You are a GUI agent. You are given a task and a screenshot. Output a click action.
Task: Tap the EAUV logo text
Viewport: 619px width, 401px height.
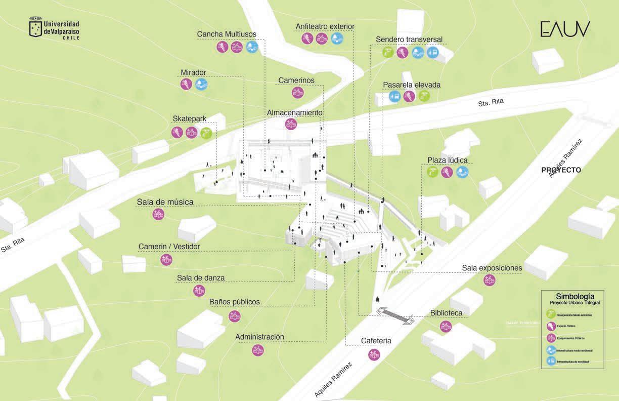click(x=565, y=29)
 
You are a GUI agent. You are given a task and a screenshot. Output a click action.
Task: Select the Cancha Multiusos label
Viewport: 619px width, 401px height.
click(x=227, y=34)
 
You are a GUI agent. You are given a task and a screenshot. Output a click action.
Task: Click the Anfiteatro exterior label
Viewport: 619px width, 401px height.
click(x=325, y=26)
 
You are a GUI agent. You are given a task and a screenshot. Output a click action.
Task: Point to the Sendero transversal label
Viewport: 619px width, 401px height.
click(x=409, y=39)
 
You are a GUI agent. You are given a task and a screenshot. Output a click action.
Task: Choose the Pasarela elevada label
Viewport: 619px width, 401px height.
click(x=411, y=85)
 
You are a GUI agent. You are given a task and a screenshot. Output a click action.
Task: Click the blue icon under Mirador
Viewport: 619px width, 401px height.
click(x=201, y=85)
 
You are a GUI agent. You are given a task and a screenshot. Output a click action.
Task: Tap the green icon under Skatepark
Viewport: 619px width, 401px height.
click(x=206, y=133)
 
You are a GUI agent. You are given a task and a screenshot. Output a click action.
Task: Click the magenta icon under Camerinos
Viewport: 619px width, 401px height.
click(x=297, y=93)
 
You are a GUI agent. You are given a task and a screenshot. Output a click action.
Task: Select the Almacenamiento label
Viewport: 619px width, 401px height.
click(x=294, y=112)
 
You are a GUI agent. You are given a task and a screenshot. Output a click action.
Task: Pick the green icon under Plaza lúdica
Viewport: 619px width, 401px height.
click(x=432, y=173)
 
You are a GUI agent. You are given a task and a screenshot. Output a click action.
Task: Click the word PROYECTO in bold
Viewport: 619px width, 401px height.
click(x=561, y=170)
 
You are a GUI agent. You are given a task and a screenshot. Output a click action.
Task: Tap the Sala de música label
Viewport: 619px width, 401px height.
click(x=165, y=202)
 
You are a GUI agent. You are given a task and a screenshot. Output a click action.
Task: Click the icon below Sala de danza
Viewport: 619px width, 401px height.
click(x=199, y=291)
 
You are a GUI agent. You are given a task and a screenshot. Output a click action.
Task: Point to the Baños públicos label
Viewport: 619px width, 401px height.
click(x=235, y=302)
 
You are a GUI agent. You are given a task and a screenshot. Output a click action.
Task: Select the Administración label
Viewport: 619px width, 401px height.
click(x=259, y=337)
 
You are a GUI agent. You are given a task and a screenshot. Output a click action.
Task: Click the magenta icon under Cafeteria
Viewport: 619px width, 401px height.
click(x=374, y=354)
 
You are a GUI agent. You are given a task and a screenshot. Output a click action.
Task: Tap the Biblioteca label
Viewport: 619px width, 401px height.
click(x=446, y=313)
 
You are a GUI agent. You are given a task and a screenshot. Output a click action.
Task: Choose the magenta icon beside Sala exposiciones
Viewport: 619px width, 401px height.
click(x=489, y=280)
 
